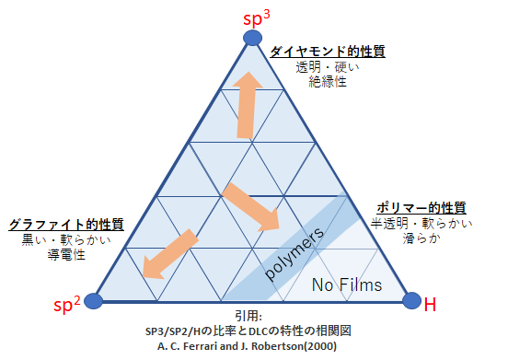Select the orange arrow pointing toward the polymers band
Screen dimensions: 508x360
pyautogui.click(x=251, y=207)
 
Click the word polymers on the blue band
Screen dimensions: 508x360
pyautogui.click(x=294, y=254)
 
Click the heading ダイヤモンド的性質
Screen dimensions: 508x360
pyautogui.click(x=327, y=52)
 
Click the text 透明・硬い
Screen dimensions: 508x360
pyautogui.click(x=327, y=67)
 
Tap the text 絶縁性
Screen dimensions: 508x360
pyautogui.click(x=327, y=82)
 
